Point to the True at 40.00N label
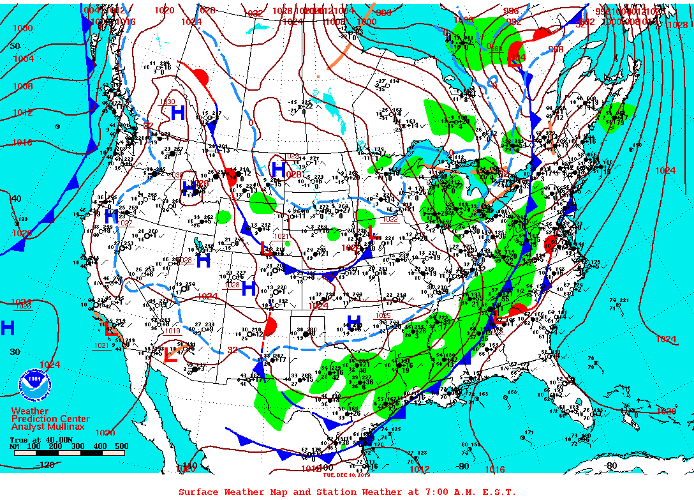[38, 439]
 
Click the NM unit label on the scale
[15, 446]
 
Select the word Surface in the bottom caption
[198, 492]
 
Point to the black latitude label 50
[15, 47]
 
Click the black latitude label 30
[15, 352]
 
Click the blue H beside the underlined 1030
[178, 113]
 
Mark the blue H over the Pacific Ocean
[7, 328]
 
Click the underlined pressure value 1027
[125, 223]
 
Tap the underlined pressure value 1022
[390, 219]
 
